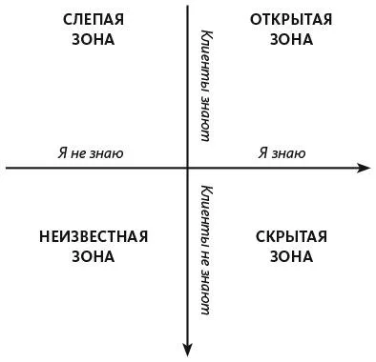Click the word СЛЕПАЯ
pyautogui.click(x=93, y=20)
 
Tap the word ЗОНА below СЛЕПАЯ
pyautogui.click(x=93, y=40)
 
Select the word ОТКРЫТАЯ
pyautogui.click(x=291, y=20)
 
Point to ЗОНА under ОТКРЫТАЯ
pyautogui.click(x=291, y=40)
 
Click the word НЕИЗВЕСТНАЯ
pyautogui.click(x=94, y=237)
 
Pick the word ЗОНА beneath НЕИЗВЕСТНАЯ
pyautogui.click(x=93, y=256)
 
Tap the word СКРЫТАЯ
pyautogui.click(x=291, y=237)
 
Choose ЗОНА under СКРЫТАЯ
pyautogui.click(x=291, y=256)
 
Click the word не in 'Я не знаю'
pyautogui.click(x=78, y=154)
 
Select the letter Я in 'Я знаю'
pyautogui.click(x=262, y=153)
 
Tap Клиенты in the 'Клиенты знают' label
pyautogui.click(x=206, y=60)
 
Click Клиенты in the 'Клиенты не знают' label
pyautogui.click(x=206, y=215)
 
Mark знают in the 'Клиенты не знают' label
pyautogui.click(x=205, y=291)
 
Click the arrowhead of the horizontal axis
pyautogui.click(x=364, y=168)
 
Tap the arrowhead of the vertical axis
pyautogui.click(x=188, y=351)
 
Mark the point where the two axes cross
pyautogui.click(x=188, y=168)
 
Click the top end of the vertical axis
pyautogui.click(x=188, y=6)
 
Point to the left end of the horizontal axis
pyautogui.click(x=6, y=168)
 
